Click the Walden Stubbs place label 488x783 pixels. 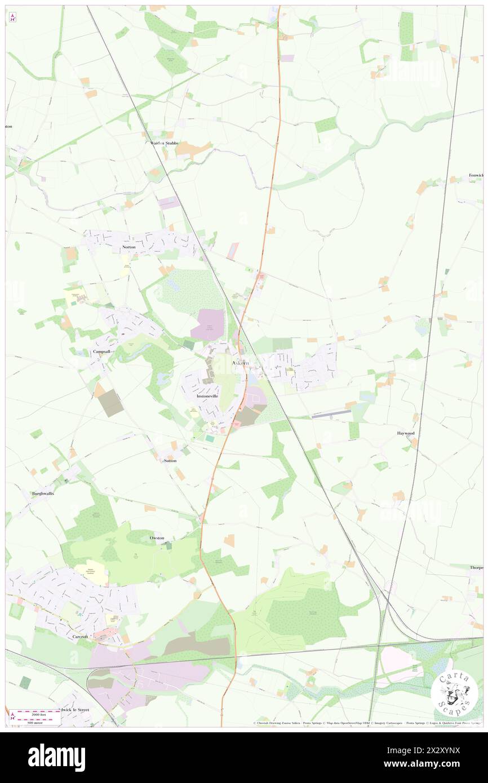coord(164,143)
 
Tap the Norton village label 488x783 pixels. coord(128,247)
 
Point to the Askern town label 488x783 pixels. coord(241,363)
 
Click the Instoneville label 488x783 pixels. coord(207,396)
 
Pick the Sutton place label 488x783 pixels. coord(170,460)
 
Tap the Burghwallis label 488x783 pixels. coord(43,493)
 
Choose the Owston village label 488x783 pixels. coord(157,538)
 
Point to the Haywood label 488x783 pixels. coord(406,433)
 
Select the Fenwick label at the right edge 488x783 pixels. coord(476,176)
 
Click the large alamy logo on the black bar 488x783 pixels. coord(56,757)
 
